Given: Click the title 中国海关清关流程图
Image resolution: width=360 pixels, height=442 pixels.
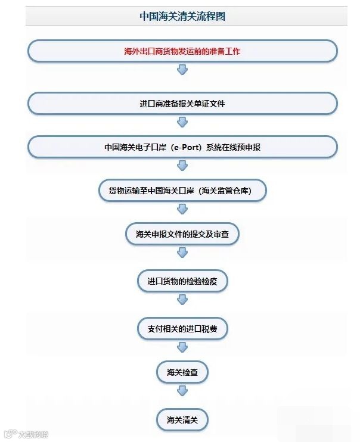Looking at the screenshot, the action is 182,17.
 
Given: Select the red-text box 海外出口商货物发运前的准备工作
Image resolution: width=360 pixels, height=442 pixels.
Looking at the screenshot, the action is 182,51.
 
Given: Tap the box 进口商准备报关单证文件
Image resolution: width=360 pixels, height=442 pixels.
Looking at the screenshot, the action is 182,103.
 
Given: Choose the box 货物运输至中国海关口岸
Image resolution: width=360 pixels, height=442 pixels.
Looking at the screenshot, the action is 182,191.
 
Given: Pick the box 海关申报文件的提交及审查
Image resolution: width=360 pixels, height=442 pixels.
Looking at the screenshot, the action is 182,234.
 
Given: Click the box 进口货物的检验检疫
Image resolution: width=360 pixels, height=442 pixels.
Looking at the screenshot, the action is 182,281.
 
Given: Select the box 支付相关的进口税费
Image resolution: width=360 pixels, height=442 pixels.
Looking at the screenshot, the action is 182,328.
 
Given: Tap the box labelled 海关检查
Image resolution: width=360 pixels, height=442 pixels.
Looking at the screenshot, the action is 182,373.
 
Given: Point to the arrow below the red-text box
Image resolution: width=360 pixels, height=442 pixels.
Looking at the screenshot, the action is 182,70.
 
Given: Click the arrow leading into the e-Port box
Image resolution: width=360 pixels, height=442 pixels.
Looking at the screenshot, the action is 182,122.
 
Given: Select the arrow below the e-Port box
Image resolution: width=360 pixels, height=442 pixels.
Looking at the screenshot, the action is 182,166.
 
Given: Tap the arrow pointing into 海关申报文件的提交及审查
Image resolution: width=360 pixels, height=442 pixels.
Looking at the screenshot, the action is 182,209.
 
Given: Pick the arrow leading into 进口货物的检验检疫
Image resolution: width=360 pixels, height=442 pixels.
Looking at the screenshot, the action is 182,253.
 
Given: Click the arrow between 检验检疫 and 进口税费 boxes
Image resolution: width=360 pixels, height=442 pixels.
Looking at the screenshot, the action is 182,301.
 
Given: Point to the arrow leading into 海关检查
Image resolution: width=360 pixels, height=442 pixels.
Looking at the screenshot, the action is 182,347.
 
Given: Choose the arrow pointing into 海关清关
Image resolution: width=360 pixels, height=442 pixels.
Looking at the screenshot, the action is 182,391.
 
